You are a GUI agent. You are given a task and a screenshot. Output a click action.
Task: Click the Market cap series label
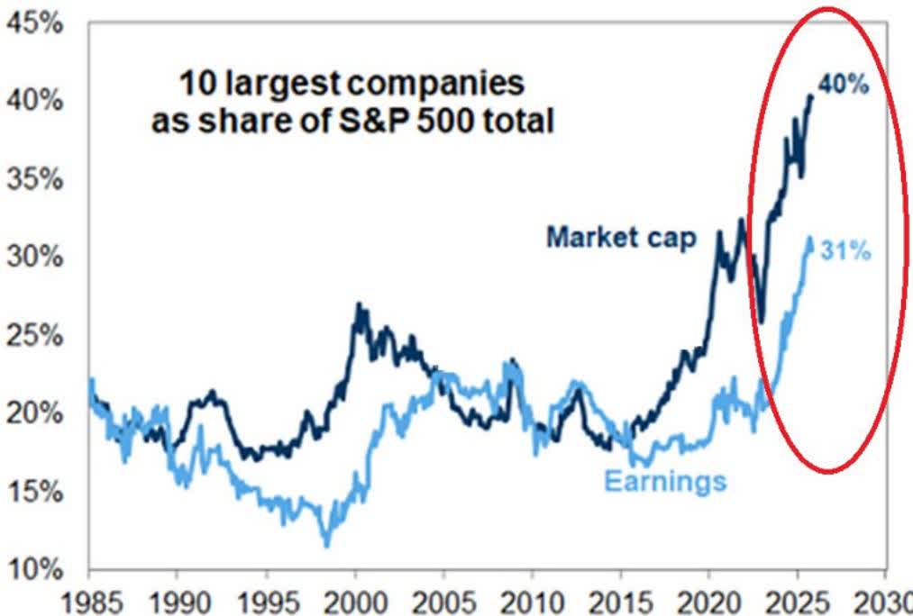621,238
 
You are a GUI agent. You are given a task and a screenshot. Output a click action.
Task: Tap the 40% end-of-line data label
845,87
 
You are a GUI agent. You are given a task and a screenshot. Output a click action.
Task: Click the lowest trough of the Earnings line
326,544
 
